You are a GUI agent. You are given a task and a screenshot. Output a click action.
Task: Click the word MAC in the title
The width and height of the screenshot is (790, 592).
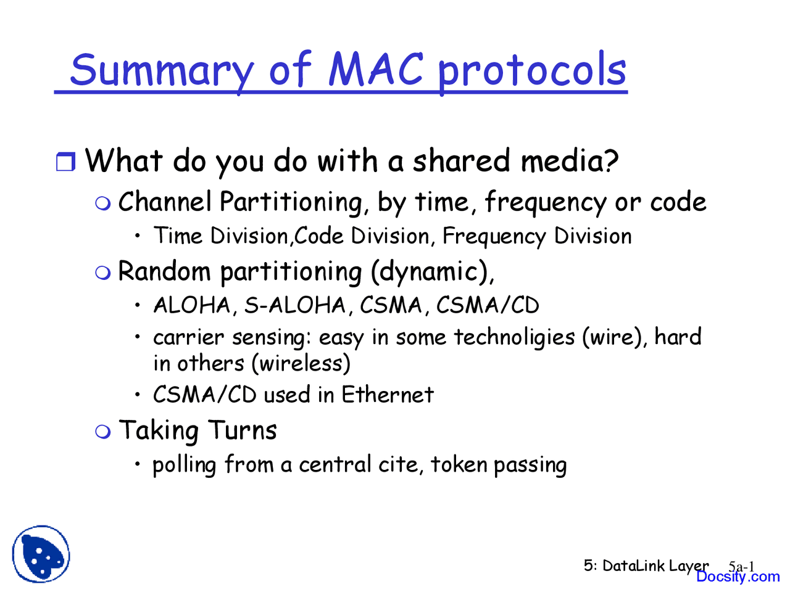coord(375,69)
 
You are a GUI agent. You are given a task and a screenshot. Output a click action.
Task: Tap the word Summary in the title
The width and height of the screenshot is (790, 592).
coord(162,70)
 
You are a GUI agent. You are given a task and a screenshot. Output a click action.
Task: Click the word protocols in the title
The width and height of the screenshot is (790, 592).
coord(532,70)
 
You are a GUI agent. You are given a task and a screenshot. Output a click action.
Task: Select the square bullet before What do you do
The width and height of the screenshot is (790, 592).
coord(65,162)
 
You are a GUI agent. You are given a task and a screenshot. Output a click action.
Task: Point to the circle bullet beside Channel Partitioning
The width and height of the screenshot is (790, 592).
coord(103,203)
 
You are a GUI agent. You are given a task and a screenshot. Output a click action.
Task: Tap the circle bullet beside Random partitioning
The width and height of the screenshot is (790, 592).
coord(103,272)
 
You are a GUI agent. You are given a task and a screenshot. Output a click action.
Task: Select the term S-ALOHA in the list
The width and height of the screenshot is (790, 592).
coord(295,305)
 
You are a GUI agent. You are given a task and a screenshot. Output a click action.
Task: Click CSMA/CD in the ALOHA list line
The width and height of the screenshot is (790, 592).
coord(488,305)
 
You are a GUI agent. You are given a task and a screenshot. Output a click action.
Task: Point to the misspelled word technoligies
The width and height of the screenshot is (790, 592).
coord(514,337)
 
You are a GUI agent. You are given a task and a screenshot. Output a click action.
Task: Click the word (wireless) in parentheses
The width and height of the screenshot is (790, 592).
coord(301,363)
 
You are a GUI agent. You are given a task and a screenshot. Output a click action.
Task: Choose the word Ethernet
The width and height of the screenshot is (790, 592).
coord(388,395)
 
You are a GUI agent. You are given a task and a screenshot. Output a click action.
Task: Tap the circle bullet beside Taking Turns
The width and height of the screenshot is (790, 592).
coord(103,431)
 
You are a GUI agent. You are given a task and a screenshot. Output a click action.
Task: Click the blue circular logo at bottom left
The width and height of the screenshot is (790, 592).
coord(41,554)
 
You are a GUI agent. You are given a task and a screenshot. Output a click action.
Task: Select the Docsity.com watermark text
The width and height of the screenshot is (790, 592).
coord(738,577)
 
